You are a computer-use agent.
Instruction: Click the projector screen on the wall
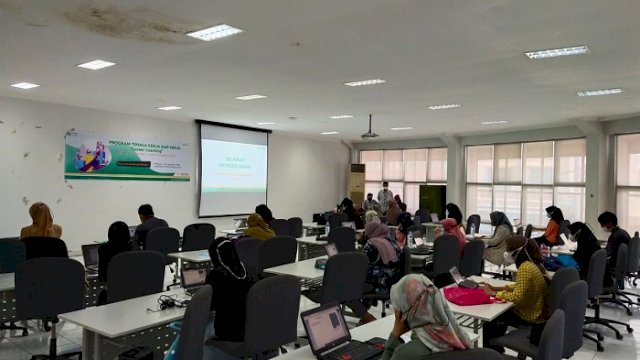(x=233, y=168)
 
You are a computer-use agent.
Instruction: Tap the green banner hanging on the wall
(x=127, y=156)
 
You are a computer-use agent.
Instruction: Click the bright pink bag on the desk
(x=467, y=295)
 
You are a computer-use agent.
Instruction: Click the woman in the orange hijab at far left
(x=41, y=222)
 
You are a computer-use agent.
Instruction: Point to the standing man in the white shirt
(x=385, y=196)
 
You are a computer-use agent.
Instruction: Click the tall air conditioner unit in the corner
(x=357, y=184)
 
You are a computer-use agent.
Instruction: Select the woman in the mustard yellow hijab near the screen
(x=258, y=228)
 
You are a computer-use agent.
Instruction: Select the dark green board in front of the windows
(x=432, y=199)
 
